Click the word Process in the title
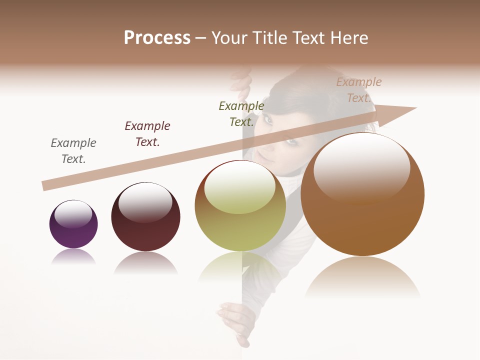pyautogui.click(x=157, y=38)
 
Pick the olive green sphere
pyautogui.click(x=240, y=205)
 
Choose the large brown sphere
pyautogui.click(x=362, y=194)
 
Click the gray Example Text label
pyautogui.click(x=73, y=151)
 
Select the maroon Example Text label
pyautogui.click(x=147, y=134)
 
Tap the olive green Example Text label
pyautogui.click(x=241, y=114)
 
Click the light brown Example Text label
pyautogui.click(x=359, y=90)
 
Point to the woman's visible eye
pyautogui.click(x=268, y=120)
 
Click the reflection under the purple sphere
pyautogui.click(x=73, y=257)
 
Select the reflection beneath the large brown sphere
pyautogui.click(x=362, y=277)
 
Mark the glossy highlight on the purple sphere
pyautogui.click(x=73, y=214)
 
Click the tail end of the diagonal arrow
pyautogui.click(x=46, y=185)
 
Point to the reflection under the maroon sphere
pyautogui.click(x=145, y=262)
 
